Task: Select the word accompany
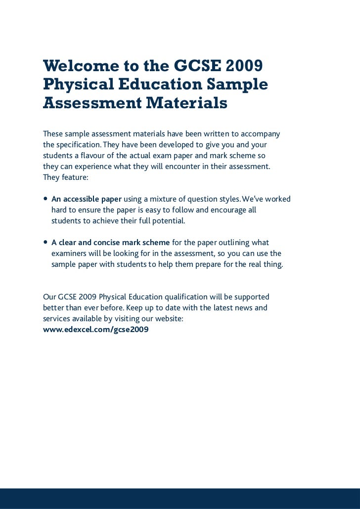coord(261,134)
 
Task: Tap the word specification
coord(77,146)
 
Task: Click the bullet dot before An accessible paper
coord(46,200)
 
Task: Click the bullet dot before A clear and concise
coord(46,243)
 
